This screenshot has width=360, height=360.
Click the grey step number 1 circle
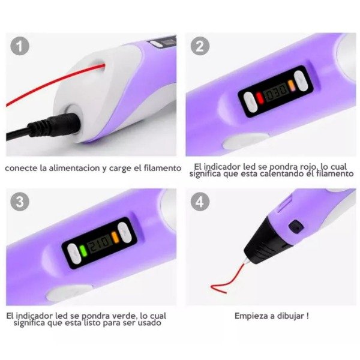(x=20, y=46)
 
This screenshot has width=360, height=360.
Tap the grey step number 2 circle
(x=200, y=46)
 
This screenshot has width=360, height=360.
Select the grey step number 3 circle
(x=20, y=202)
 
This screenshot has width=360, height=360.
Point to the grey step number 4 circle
(x=200, y=202)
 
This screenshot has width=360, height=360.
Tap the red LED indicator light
(x=260, y=98)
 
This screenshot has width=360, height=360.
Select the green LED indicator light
(x=83, y=251)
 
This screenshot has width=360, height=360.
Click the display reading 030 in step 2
(x=276, y=91)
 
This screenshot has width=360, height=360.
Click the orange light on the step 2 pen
(x=291, y=85)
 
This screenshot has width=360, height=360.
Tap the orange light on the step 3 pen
(x=115, y=238)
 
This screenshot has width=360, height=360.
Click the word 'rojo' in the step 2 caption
(x=307, y=166)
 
